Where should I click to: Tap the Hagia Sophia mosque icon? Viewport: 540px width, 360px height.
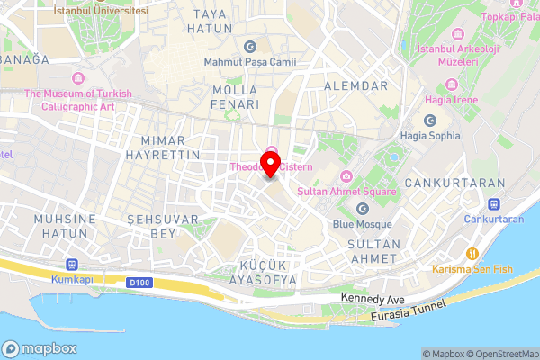point(429,121)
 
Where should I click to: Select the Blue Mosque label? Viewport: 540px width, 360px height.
point(362,224)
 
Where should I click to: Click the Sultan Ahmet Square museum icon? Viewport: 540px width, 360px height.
point(346,175)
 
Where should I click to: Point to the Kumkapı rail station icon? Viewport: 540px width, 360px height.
point(73,265)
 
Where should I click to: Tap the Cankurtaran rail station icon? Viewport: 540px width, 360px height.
point(494,202)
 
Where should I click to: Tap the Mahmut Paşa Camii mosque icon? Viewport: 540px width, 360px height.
point(249,47)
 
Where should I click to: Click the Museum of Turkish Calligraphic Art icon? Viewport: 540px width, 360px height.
point(78,77)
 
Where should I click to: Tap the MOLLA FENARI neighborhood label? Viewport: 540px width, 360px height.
point(236,97)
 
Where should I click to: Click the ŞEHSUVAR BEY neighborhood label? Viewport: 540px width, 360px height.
point(152,226)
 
